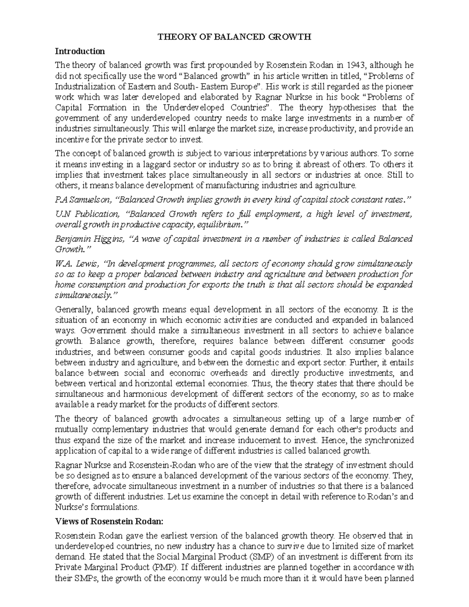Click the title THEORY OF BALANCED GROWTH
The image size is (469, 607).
[x=234, y=37]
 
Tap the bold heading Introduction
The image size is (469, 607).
[x=80, y=51]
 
